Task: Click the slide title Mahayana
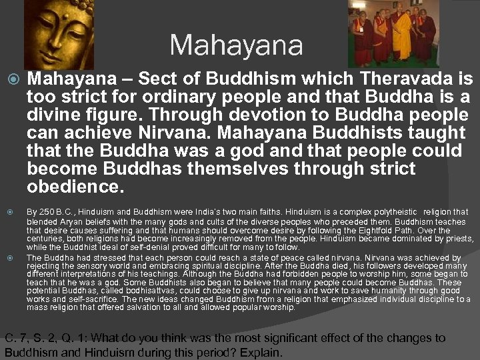(x=236, y=45)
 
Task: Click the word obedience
(x=75, y=185)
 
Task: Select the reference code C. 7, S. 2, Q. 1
(x=49, y=338)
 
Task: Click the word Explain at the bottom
(x=260, y=352)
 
